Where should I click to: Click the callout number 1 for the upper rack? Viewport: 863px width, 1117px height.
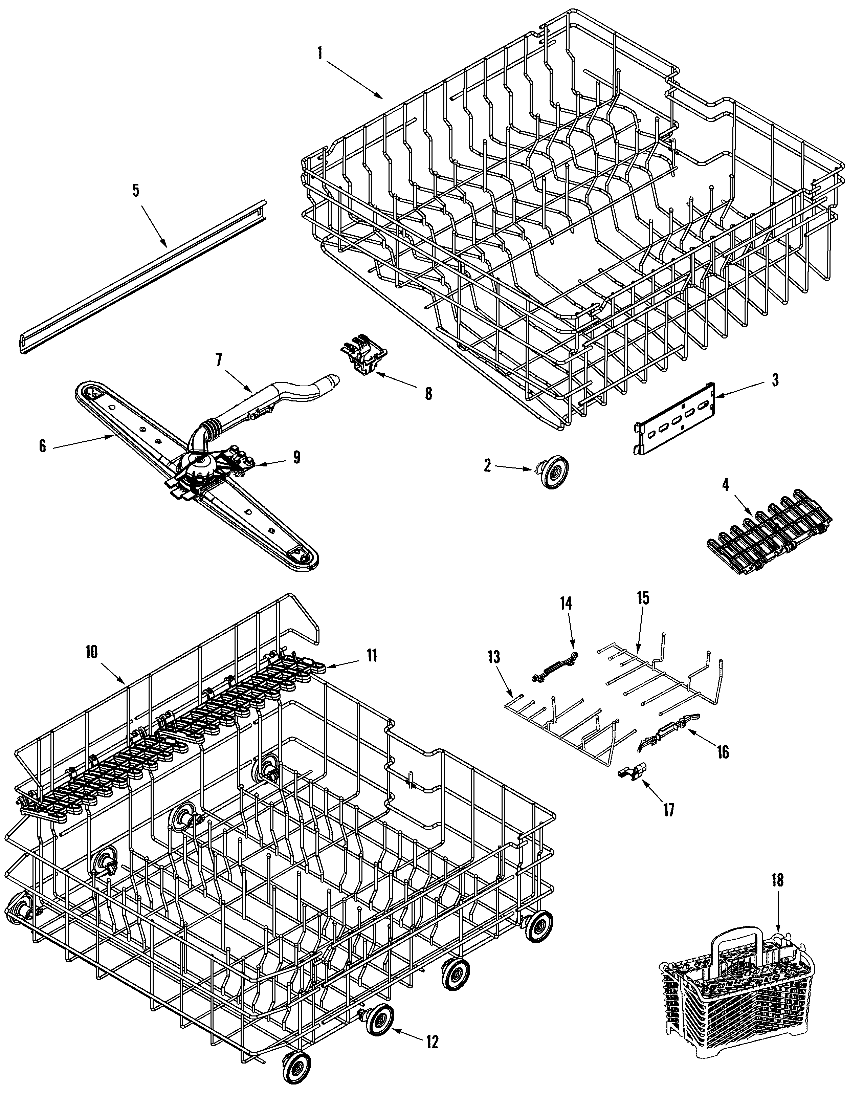tap(320, 53)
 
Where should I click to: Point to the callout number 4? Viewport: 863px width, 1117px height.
tap(725, 485)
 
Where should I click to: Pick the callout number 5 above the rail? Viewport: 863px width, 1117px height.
tap(135, 190)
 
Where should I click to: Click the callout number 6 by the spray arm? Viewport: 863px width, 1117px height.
tap(42, 446)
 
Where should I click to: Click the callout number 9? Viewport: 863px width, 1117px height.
tap(296, 457)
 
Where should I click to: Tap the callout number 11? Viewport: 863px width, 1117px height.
tap(371, 655)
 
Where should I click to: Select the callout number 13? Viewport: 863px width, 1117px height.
tap(493, 657)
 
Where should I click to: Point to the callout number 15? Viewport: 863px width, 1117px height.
tap(643, 598)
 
